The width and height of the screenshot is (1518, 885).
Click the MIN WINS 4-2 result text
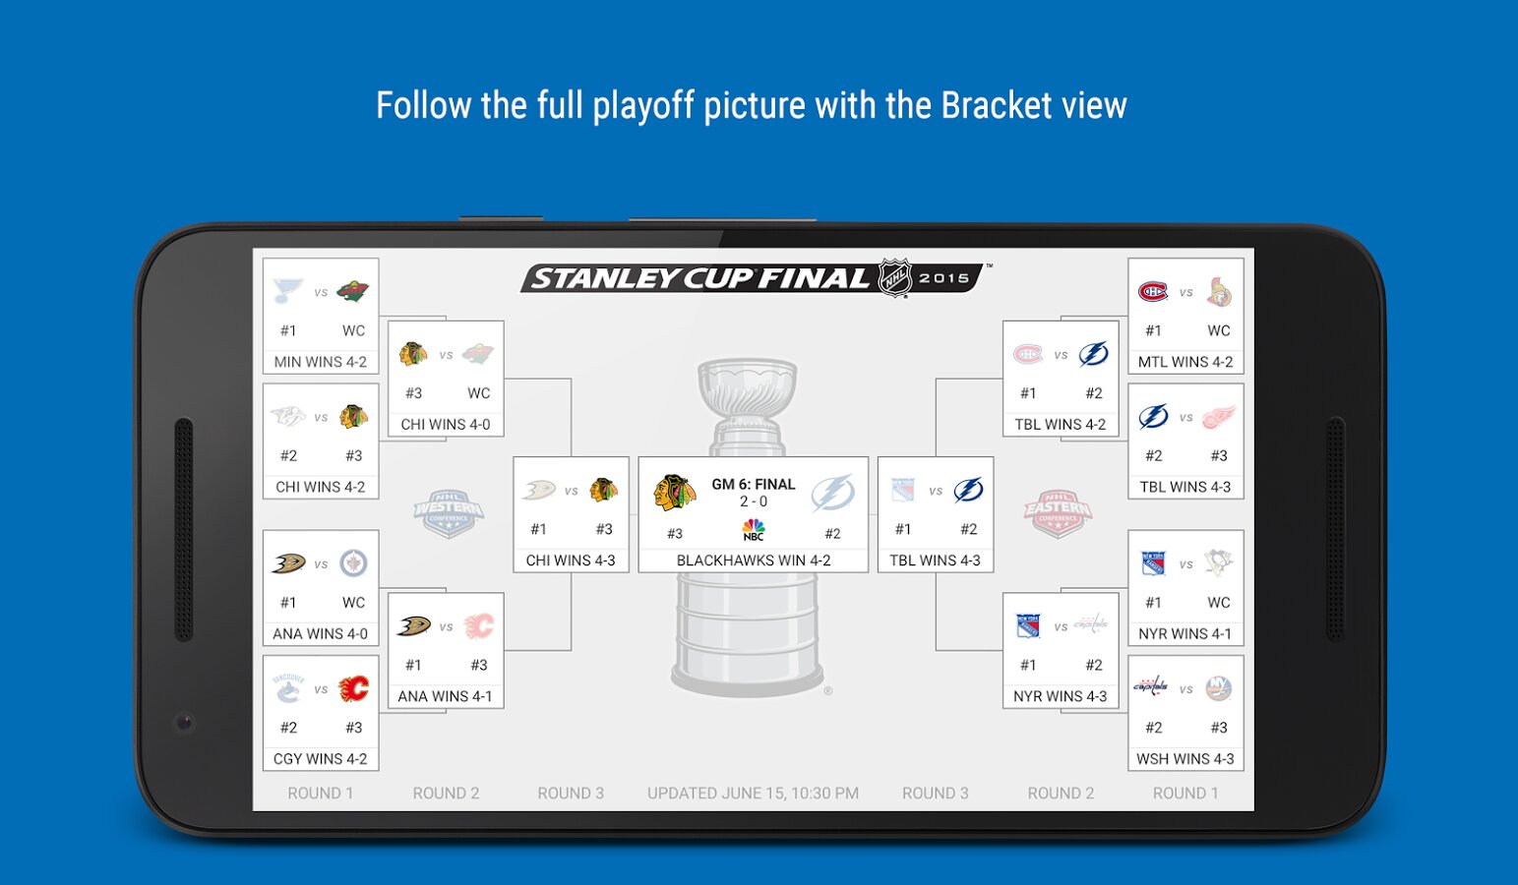(321, 362)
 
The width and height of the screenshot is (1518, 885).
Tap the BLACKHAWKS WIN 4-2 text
(754, 560)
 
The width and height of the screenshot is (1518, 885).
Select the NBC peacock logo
(754, 529)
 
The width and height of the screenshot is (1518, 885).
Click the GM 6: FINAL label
(754, 484)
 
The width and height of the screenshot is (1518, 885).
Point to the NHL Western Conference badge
(449, 513)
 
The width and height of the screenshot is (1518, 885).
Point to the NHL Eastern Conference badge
(1058, 513)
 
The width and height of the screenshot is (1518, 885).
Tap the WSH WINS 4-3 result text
(1185, 759)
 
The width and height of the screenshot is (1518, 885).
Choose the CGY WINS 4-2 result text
(321, 759)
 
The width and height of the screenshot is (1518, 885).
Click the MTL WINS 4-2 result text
(1185, 362)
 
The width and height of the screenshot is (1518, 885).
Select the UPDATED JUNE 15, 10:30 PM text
(753, 793)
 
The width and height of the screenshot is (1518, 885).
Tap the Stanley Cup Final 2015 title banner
(753, 277)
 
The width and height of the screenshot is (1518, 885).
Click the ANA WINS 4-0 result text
(321, 634)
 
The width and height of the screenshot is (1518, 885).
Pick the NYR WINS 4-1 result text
(1185, 634)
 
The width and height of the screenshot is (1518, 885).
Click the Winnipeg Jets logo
(353, 563)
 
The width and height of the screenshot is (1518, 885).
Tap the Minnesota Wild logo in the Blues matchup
(352, 292)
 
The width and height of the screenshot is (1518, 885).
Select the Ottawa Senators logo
(1219, 292)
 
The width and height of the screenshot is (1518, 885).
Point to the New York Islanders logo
(1219, 688)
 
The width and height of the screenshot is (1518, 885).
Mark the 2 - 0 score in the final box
(754, 501)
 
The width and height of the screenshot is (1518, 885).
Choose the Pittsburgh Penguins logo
(1219, 563)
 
